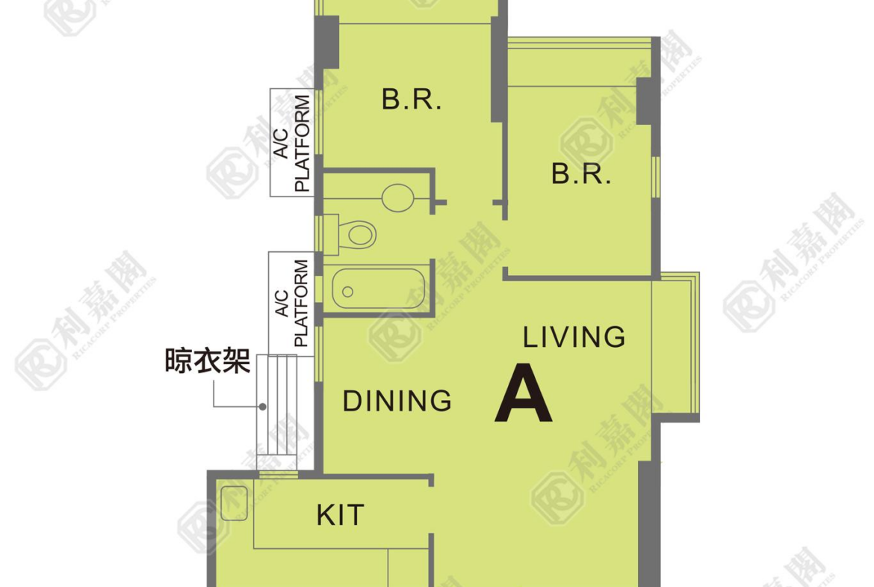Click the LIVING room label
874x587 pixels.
[574, 337]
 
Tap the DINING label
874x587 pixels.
[397, 401]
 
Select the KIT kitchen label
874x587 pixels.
[340, 514]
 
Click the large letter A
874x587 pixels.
[523, 393]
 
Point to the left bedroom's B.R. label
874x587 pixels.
[412, 99]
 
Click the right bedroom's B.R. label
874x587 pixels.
[581, 173]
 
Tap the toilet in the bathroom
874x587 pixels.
[357, 233]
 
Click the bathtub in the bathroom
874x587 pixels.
[379, 289]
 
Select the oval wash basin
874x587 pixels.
[398, 197]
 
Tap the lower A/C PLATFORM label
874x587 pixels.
[292, 303]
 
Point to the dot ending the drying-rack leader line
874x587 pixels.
[262, 407]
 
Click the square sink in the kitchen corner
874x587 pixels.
[234, 503]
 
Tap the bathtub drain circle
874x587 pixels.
[348, 292]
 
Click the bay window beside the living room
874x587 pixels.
[675, 346]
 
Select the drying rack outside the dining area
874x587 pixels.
[277, 412]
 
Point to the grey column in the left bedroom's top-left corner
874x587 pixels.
[327, 43]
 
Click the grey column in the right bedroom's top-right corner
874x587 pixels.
[648, 101]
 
